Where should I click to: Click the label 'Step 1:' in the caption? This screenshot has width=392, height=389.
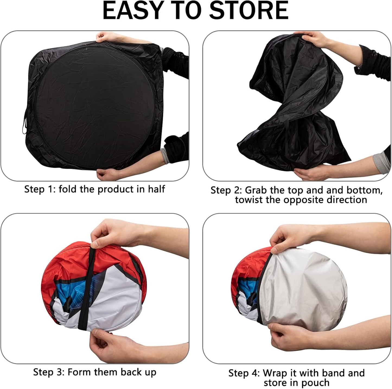click(40, 189)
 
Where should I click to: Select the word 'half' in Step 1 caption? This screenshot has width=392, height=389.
click(156, 189)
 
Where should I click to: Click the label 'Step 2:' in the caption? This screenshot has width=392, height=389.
click(226, 190)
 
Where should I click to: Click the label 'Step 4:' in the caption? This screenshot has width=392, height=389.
click(244, 373)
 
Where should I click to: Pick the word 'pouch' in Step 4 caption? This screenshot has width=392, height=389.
click(316, 383)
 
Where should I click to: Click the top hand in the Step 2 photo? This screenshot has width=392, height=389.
click(315, 39)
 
